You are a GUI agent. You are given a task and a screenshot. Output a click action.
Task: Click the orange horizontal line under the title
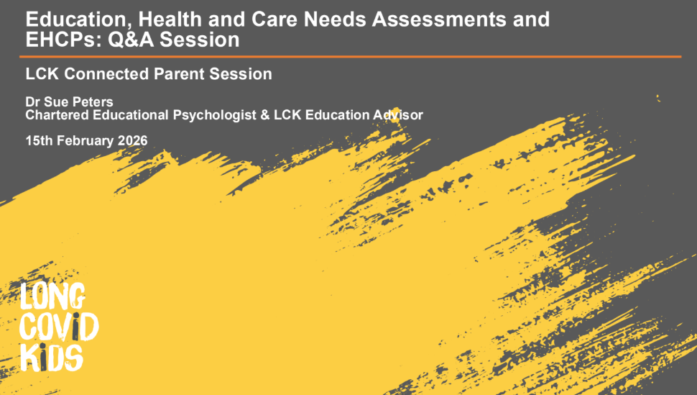352,56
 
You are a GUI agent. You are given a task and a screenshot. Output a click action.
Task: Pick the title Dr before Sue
33,102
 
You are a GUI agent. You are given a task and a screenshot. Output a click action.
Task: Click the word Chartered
54,114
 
